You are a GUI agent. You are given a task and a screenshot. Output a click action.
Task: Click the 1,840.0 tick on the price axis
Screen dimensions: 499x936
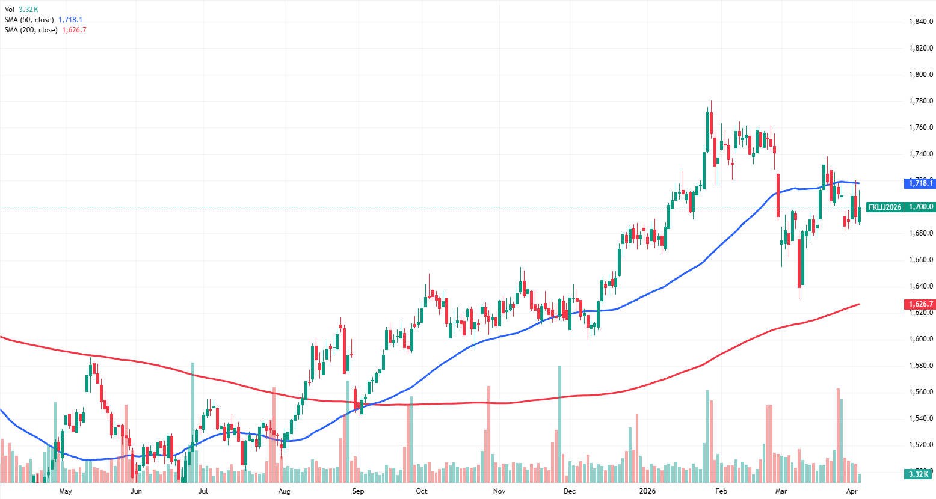[x=920, y=22]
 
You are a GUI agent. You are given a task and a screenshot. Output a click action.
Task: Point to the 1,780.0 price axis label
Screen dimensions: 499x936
[x=920, y=101]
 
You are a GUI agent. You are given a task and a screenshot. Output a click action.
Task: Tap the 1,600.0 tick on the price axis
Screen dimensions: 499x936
[x=920, y=339]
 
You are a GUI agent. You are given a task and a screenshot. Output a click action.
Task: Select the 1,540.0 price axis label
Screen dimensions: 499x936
[x=920, y=418]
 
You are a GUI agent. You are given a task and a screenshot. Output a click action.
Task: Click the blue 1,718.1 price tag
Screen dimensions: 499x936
[x=920, y=183]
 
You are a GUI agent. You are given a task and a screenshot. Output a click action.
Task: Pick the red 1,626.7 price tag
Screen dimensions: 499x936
[x=920, y=304]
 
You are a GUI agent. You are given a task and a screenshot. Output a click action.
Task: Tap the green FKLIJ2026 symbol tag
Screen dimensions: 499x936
[x=885, y=207]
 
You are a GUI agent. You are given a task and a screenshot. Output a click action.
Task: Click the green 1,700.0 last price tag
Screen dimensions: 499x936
[x=920, y=207]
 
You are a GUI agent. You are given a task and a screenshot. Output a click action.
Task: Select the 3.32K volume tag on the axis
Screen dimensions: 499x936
[x=919, y=474]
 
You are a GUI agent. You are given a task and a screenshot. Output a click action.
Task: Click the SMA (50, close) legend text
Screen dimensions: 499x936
[x=29, y=20]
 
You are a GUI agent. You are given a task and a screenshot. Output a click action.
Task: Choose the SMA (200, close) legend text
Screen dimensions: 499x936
[x=31, y=30]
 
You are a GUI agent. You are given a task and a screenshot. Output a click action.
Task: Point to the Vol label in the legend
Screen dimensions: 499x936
[x=10, y=10]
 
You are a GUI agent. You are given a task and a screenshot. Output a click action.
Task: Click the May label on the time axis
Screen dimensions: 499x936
[x=66, y=491]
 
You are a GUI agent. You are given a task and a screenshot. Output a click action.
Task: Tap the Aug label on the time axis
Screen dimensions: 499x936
[x=284, y=491]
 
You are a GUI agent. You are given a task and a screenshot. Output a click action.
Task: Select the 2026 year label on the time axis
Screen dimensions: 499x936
[x=647, y=491]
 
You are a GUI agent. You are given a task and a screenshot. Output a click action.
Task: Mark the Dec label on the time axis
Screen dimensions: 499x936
[x=570, y=491]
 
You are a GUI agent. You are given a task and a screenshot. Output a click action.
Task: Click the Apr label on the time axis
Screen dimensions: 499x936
[x=851, y=491]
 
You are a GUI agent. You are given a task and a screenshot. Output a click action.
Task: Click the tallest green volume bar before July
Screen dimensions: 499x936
[x=192, y=421]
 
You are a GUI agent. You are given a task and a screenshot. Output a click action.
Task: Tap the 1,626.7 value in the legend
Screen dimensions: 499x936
[x=75, y=30]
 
